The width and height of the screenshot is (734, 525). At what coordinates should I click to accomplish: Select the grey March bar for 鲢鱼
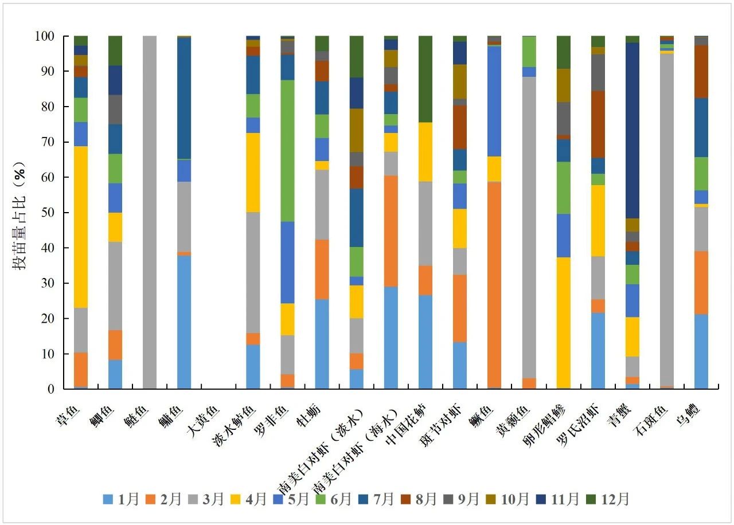pos(150,212)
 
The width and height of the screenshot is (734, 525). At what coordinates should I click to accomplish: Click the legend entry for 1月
pos(121,499)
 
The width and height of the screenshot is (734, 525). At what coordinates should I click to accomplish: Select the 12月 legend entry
pos(607,499)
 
